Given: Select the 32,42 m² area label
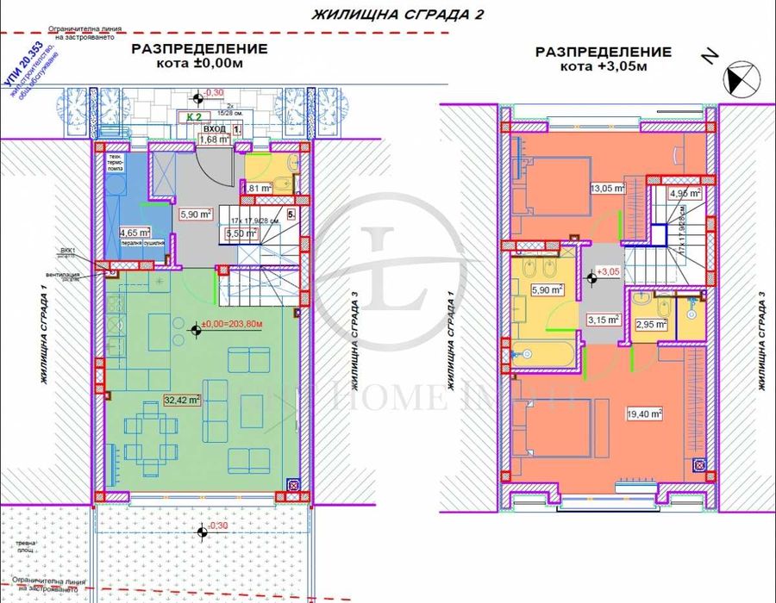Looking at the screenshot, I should pos(183,399).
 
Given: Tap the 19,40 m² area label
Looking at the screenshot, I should pos(645,413).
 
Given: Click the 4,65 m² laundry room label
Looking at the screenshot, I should pos(135,232).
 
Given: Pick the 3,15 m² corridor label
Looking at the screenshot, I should pos(604,319).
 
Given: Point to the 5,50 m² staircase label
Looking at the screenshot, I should pos(241,233).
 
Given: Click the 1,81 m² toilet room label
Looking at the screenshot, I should pos(259,187).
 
